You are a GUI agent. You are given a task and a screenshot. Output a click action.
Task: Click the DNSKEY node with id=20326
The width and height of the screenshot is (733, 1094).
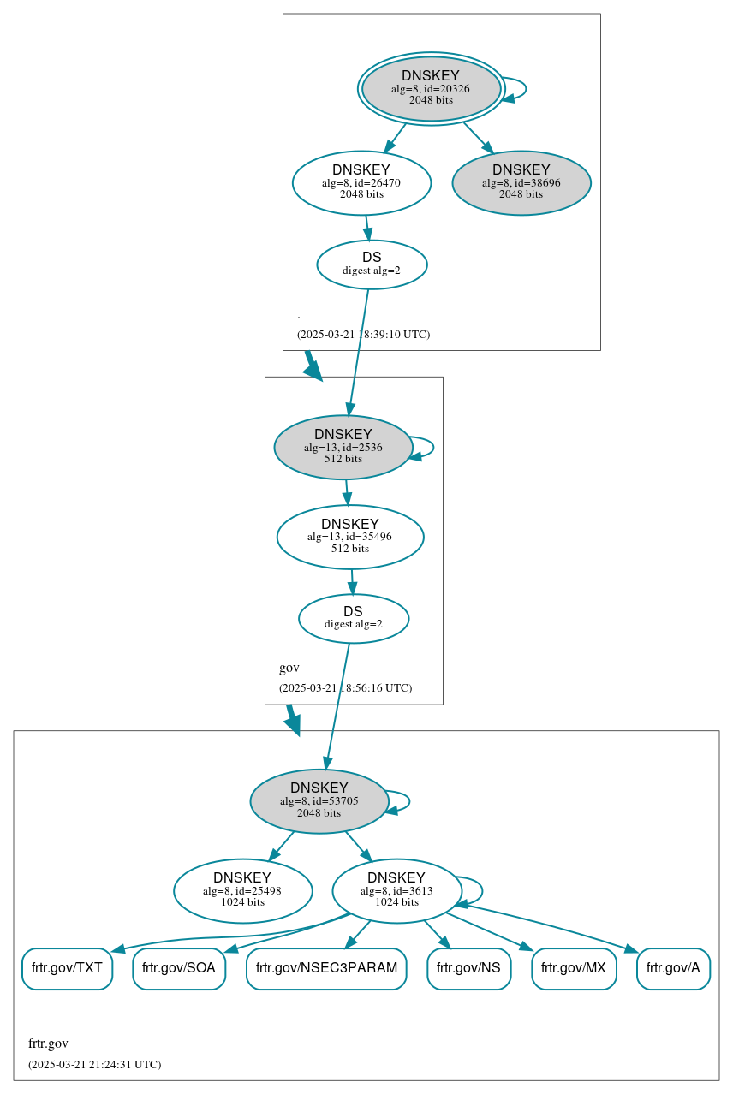coord(431,88)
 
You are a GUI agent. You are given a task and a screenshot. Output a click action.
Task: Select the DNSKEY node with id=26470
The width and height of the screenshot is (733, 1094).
coord(361,181)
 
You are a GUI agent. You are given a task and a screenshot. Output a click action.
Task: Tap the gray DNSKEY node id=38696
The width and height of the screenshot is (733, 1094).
coord(521,181)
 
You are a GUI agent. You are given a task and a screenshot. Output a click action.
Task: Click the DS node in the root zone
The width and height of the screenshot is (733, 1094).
coord(371,264)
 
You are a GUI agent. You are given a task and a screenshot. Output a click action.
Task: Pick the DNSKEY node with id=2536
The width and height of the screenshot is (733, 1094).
coord(343,447)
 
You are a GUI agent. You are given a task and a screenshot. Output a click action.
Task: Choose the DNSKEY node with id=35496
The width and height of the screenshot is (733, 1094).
coord(349,536)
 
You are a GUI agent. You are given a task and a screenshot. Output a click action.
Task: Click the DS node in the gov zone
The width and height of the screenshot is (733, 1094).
coord(353,618)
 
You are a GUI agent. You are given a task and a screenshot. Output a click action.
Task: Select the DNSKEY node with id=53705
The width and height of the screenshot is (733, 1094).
coord(319,800)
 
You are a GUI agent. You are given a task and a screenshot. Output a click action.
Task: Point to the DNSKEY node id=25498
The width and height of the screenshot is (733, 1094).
coord(242,890)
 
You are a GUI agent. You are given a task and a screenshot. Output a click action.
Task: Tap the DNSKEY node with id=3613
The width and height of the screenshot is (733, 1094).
coord(396,890)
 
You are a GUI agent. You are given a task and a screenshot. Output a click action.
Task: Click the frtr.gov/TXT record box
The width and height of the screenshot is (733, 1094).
coord(67,968)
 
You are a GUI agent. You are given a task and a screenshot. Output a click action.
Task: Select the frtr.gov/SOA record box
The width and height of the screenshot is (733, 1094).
coord(178,968)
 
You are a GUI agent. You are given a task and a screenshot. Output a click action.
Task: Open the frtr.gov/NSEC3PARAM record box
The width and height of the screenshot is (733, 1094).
coord(326,968)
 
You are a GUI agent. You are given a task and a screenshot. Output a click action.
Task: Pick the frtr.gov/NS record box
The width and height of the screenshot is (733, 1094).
coord(468,968)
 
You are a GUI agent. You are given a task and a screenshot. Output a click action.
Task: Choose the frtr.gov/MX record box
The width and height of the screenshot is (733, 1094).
coord(574,968)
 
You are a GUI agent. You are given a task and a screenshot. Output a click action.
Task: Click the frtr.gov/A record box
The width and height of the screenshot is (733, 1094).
coord(673,968)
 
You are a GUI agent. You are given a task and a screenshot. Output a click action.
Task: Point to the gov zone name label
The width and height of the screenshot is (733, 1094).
coord(289,668)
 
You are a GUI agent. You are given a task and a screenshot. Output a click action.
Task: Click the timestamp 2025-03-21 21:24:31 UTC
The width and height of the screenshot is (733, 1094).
coord(94,1065)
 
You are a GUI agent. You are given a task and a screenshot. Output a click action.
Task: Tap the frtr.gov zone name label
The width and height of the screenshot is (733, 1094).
coord(48,1043)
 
